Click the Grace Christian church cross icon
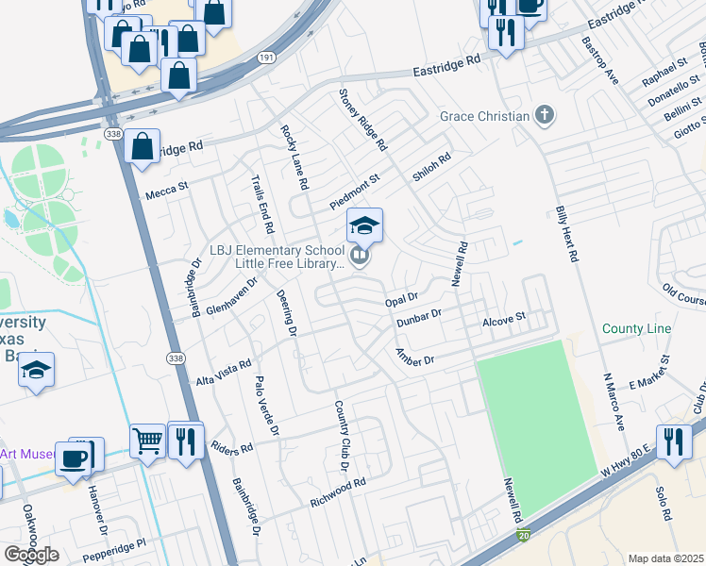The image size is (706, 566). (544, 116)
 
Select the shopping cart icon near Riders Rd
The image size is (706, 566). (147, 440)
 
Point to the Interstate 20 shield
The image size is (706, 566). (523, 535)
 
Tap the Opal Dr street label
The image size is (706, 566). (401, 300)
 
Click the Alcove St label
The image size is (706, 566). (503, 322)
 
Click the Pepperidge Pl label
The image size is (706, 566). (115, 545)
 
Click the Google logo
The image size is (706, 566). (31, 555)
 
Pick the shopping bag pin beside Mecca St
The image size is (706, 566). (142, 147)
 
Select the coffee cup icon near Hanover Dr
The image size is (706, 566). (74, 458)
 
